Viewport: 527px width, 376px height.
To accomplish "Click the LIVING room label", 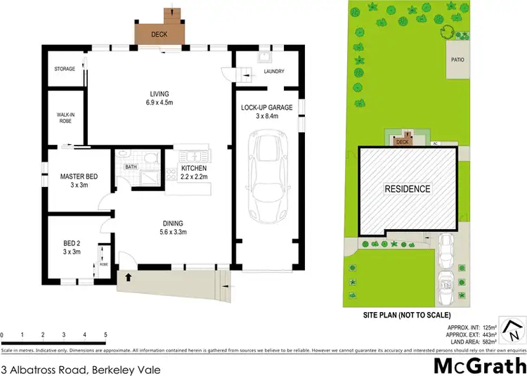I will (x=159, y=99).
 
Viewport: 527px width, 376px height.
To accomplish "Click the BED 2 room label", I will (x=73, y=247).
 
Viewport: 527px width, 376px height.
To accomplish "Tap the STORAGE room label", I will (x=65, y=69).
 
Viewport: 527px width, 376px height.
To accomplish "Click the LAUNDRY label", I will (x=273, y=71).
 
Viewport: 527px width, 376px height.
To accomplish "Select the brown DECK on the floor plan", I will (x=160, y=33).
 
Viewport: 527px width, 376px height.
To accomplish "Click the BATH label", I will (x=131, y=167).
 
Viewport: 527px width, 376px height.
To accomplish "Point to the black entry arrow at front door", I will (x=128, y=277).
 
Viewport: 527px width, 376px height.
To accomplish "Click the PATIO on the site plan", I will (x=457, y=60).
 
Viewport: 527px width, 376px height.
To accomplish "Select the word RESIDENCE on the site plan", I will (x=407, y=189).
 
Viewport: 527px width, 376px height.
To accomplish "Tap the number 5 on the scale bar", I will (x=105, y=335).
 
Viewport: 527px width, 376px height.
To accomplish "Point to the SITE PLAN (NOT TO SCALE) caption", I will (x=407, y=315).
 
